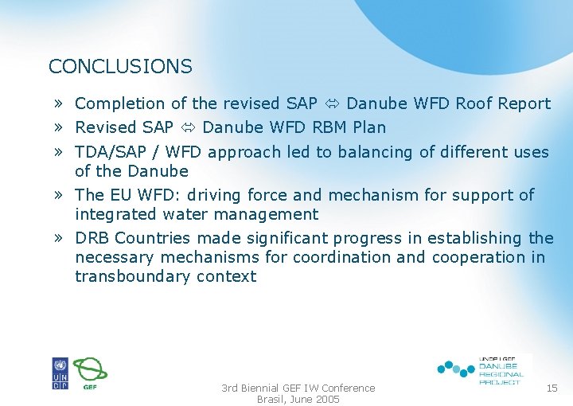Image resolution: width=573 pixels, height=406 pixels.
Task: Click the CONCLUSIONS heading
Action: click(120, 67)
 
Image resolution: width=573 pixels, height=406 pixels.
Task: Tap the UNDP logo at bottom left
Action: click(60, 373)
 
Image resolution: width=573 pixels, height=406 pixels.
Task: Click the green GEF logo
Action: click(90, 373)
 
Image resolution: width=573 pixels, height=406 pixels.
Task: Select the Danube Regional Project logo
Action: click(482, 369)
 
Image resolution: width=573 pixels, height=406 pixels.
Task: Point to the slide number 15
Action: click(552, 388)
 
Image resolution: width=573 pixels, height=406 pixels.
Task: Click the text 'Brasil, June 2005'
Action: click(298, 400)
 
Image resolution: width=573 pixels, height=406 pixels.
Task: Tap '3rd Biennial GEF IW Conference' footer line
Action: click(298, 388)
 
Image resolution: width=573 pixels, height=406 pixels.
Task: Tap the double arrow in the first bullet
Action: click(332, 103)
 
